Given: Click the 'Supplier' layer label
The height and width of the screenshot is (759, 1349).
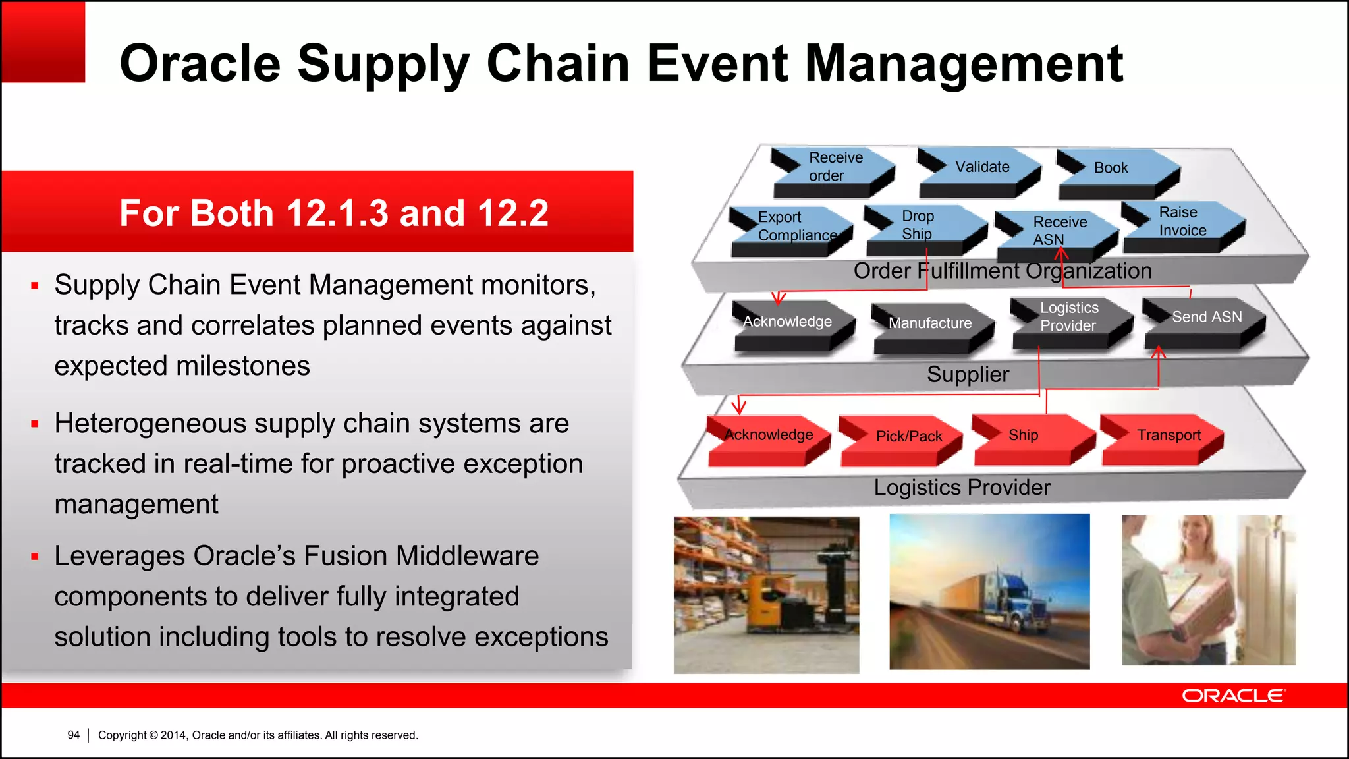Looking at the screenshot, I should click(967, 375).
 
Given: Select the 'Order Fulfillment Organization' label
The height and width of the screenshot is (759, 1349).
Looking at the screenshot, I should click(1002, 271).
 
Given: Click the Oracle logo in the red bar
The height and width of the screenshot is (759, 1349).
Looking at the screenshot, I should click(1232, 696).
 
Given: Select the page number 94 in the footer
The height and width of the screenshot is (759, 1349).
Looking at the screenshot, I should click(73, 735).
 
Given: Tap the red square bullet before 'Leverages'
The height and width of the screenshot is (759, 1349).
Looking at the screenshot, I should click(35, 557).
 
